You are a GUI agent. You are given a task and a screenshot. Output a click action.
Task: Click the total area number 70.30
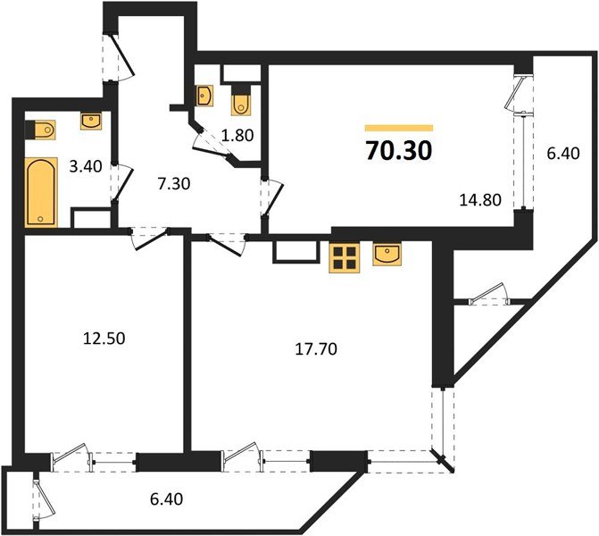click(x=399, y=151)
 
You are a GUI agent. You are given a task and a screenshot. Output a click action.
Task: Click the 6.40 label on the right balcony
click(x=562, y=152)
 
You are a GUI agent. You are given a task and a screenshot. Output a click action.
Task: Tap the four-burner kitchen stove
click(x=344, y=258)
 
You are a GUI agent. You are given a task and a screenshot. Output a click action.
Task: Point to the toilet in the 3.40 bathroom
click(x=41, y=131)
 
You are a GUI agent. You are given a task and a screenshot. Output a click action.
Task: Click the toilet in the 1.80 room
click(x=241, y=103)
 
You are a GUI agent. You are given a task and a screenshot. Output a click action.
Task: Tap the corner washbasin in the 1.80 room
click(x=204, y=96)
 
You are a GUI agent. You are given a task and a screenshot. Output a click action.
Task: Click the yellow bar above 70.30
click(x=399, y=129)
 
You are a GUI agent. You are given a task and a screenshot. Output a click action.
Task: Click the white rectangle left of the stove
click(x=294, y=250)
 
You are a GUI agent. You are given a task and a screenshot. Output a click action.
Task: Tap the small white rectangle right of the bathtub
click(x=89, y=220)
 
